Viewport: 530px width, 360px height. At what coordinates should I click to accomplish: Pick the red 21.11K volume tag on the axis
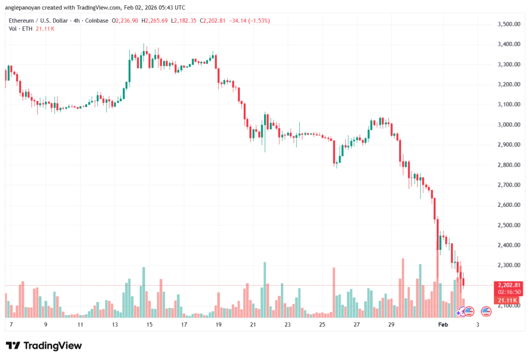[508, 299]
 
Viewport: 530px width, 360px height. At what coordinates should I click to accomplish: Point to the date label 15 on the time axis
[149, 325]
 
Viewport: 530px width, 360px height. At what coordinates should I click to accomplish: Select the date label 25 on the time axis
[322, 325]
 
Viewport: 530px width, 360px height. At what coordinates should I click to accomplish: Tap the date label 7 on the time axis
[11, 325]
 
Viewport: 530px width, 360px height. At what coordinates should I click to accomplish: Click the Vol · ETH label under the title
[20, 28]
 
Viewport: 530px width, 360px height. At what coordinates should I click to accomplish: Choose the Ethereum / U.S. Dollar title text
[39, 21]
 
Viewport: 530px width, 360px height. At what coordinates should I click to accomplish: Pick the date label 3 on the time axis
[477, 325]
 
